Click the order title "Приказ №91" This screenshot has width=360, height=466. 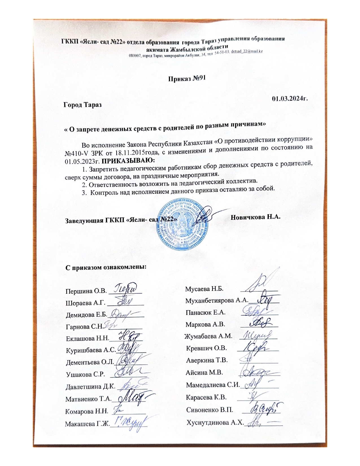187,78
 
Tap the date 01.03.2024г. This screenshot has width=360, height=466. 289,99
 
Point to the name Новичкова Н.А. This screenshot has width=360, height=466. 255,217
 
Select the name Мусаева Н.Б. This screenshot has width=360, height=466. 204,289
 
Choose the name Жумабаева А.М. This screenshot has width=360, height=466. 208,336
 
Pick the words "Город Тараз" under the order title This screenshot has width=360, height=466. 82,104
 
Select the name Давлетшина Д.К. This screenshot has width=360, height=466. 90,386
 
